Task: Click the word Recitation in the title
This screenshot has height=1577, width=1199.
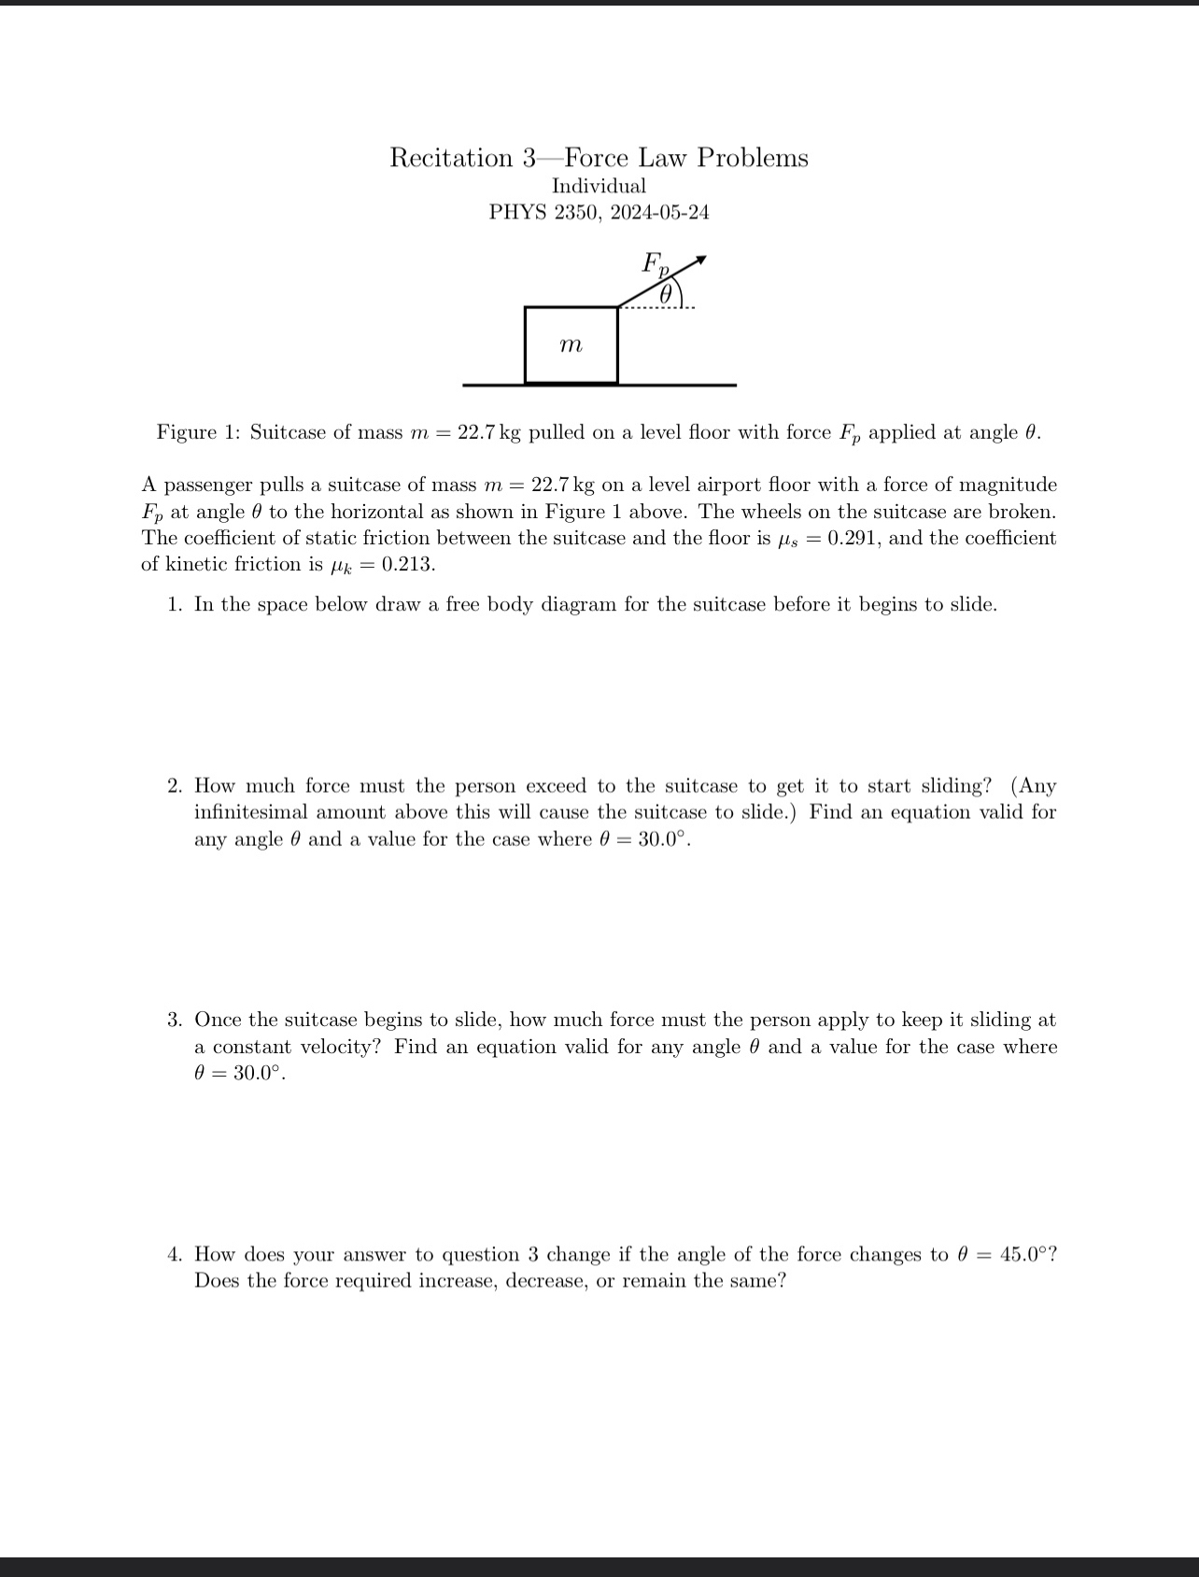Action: click(451, 158)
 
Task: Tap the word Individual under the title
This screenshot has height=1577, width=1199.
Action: click(599, 186)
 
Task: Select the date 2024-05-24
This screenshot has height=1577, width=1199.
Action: click(659, 212)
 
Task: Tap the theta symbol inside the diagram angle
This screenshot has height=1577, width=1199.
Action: click(665, 293)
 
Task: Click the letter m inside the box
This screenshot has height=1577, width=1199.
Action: click(571, 345)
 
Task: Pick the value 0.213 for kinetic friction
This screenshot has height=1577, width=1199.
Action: click(407, 564)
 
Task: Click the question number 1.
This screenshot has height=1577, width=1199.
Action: click(175, 604)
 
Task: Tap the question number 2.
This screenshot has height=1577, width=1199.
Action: click(175, 786)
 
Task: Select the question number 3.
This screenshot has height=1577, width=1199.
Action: click(175, 1020)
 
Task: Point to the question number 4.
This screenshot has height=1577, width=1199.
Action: click(175, 1254)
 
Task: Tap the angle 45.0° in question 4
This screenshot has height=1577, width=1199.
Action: click(1023, 1254)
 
